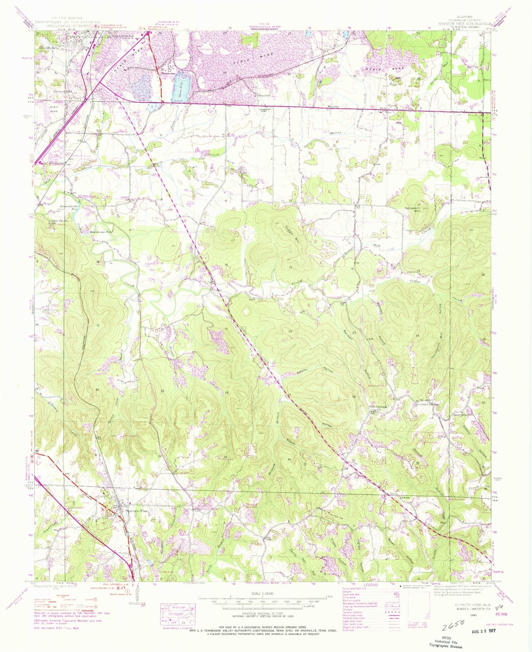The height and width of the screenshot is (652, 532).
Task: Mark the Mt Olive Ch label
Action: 424,401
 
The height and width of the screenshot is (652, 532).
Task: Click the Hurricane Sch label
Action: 101,232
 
